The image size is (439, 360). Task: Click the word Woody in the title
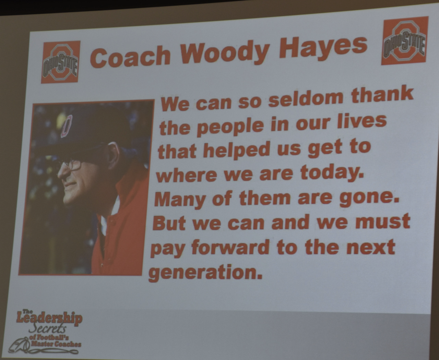point(224,52)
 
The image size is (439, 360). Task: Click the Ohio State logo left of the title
point(61,62)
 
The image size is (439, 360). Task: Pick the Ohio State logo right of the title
point(404,40)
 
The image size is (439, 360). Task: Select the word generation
point(205,272)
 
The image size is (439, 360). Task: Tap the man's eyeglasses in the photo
point(70,166)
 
